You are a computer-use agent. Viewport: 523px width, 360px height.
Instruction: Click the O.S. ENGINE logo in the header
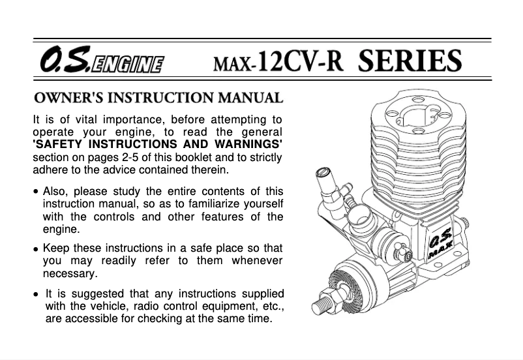point(102,59)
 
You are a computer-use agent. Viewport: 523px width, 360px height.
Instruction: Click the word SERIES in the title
point(410,60)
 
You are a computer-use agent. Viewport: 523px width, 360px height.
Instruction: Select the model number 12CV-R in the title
point(300,61)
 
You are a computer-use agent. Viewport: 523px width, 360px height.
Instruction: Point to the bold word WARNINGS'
point(248,144)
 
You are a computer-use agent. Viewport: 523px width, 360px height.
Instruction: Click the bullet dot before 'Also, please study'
point(36,192)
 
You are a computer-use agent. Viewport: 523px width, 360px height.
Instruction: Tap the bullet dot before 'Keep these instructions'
point(36,249)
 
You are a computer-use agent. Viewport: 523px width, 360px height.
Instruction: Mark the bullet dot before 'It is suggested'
point(36,295)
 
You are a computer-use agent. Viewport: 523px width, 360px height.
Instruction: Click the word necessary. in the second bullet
point(70,274)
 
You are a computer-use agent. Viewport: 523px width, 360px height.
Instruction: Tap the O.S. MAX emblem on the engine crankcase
point(441,243)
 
